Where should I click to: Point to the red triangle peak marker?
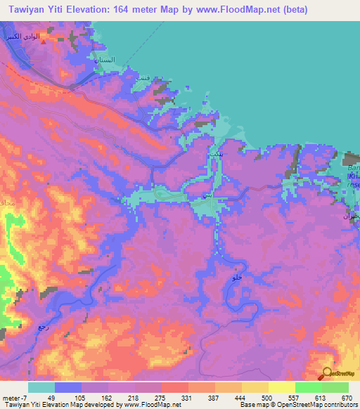point(44,41)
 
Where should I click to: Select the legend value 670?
point(342,398)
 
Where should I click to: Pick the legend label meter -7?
point(15,398)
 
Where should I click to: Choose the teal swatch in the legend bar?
point(41,387)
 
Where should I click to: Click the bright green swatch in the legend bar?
point(309,387)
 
